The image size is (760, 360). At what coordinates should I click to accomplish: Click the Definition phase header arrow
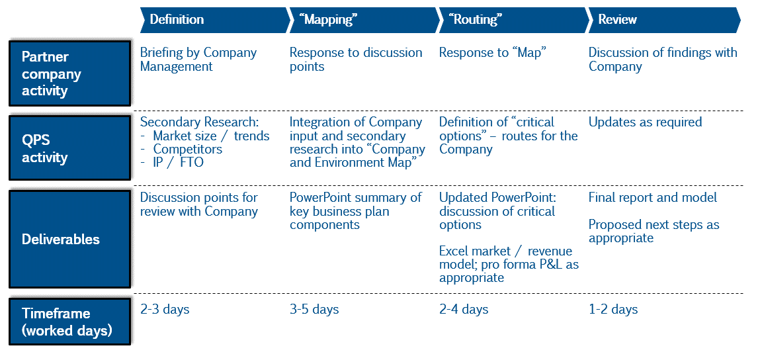tap(215, 20)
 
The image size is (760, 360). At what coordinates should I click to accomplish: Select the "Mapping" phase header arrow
tap(364, 20)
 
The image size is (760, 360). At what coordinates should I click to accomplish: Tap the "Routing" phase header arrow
tap(513, 20)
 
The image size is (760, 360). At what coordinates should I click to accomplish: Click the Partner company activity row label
tap(70, 73)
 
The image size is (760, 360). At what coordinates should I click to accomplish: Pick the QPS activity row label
tap(70, 148)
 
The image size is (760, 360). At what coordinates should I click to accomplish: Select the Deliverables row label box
tap(70, 239)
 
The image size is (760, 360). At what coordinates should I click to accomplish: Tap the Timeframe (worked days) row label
tap(70, 322)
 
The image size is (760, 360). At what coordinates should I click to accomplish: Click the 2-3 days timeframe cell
tap(165, 309)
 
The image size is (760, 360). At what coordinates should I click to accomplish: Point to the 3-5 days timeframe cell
tap(314, 309)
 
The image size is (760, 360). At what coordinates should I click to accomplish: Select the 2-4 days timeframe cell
tap(464, 309)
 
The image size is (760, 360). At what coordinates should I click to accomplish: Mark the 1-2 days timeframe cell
tap(613, 309)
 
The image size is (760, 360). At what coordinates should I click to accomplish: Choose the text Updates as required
tap(645, 122)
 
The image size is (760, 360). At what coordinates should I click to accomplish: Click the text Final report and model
tap(653, 198)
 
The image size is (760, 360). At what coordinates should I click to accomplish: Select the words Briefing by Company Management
tap(198, 59)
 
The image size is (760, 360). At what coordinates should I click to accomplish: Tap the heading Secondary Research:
tap(200, 122)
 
